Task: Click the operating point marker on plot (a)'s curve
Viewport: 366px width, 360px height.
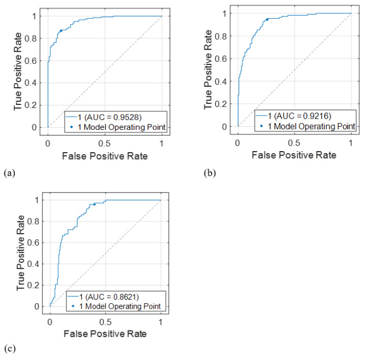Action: click(61, 30)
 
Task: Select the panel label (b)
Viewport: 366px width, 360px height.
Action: click(208, 173)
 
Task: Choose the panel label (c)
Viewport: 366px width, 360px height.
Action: click(8, 349)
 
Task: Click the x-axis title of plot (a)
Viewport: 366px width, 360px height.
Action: click(105, 156)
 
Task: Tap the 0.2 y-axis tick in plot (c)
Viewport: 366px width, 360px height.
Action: click(36, 285)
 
